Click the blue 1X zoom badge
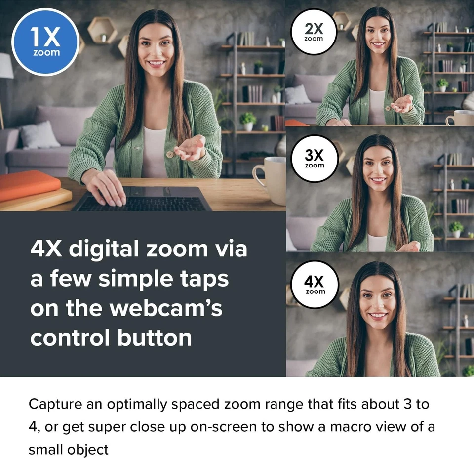[45, 42]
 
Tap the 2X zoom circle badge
[314, 32]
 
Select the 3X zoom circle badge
[314, 158]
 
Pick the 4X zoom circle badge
[314, 285]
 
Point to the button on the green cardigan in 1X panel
[170, 155]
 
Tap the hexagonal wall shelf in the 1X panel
[102, 30]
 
